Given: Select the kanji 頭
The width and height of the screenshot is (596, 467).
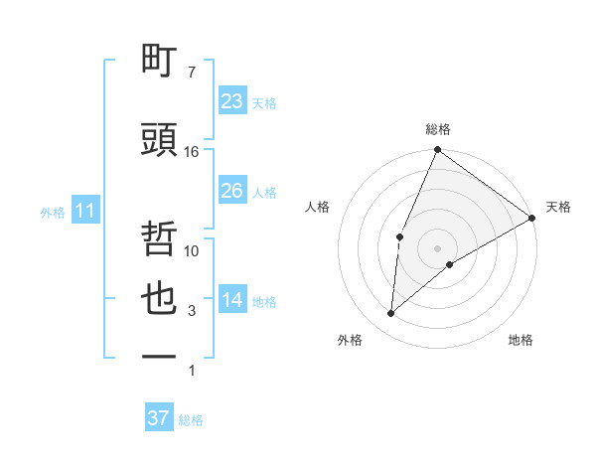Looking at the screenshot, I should pyautogui.click(x=160, y=140).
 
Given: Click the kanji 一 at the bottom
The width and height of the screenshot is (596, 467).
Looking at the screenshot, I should pyautogui.click(x=160, y=355).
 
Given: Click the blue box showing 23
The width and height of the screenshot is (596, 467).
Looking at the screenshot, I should pyautogui.click(x=232, y=101).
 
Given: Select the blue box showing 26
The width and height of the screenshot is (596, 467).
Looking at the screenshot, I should pyautogui.click(x=232, y=191).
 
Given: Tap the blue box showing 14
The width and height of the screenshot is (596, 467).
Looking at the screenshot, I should pyautogui.click(x=232, y=301).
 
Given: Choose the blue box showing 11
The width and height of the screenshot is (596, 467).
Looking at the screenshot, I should pyautogui.click(x=84, y=211).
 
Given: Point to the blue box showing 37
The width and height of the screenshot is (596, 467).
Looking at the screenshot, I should pyautogui.click(x=159, y=418).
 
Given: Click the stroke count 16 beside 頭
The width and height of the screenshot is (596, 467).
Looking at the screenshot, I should pyautogui.click(x=192, y=152).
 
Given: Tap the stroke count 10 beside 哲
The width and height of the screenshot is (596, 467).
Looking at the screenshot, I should pyautogui.click(x=192, y=251).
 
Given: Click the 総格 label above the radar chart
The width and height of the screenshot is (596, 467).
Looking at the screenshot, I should pyautogui.click(x=437, y=129).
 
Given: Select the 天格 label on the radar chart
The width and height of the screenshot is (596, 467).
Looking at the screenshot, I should pyautogui.click(x=558, y=207).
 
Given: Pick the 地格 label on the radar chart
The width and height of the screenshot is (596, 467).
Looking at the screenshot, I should pyautogui.click(x=521, y=340).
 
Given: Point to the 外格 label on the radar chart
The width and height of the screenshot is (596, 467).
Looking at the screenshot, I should pyautogui.click(x=350, y=340).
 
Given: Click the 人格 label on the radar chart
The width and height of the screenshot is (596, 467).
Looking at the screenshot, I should pyautogui.click(x=317, y=207).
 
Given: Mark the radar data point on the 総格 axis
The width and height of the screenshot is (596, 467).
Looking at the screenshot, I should pyautogui.click(x=437, y=151).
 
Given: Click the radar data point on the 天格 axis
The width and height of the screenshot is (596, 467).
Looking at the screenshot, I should pyautogui.click(x=532, y=218).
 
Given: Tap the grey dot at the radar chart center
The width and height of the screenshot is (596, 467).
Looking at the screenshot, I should pyautogui.click(x=437, y=247).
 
